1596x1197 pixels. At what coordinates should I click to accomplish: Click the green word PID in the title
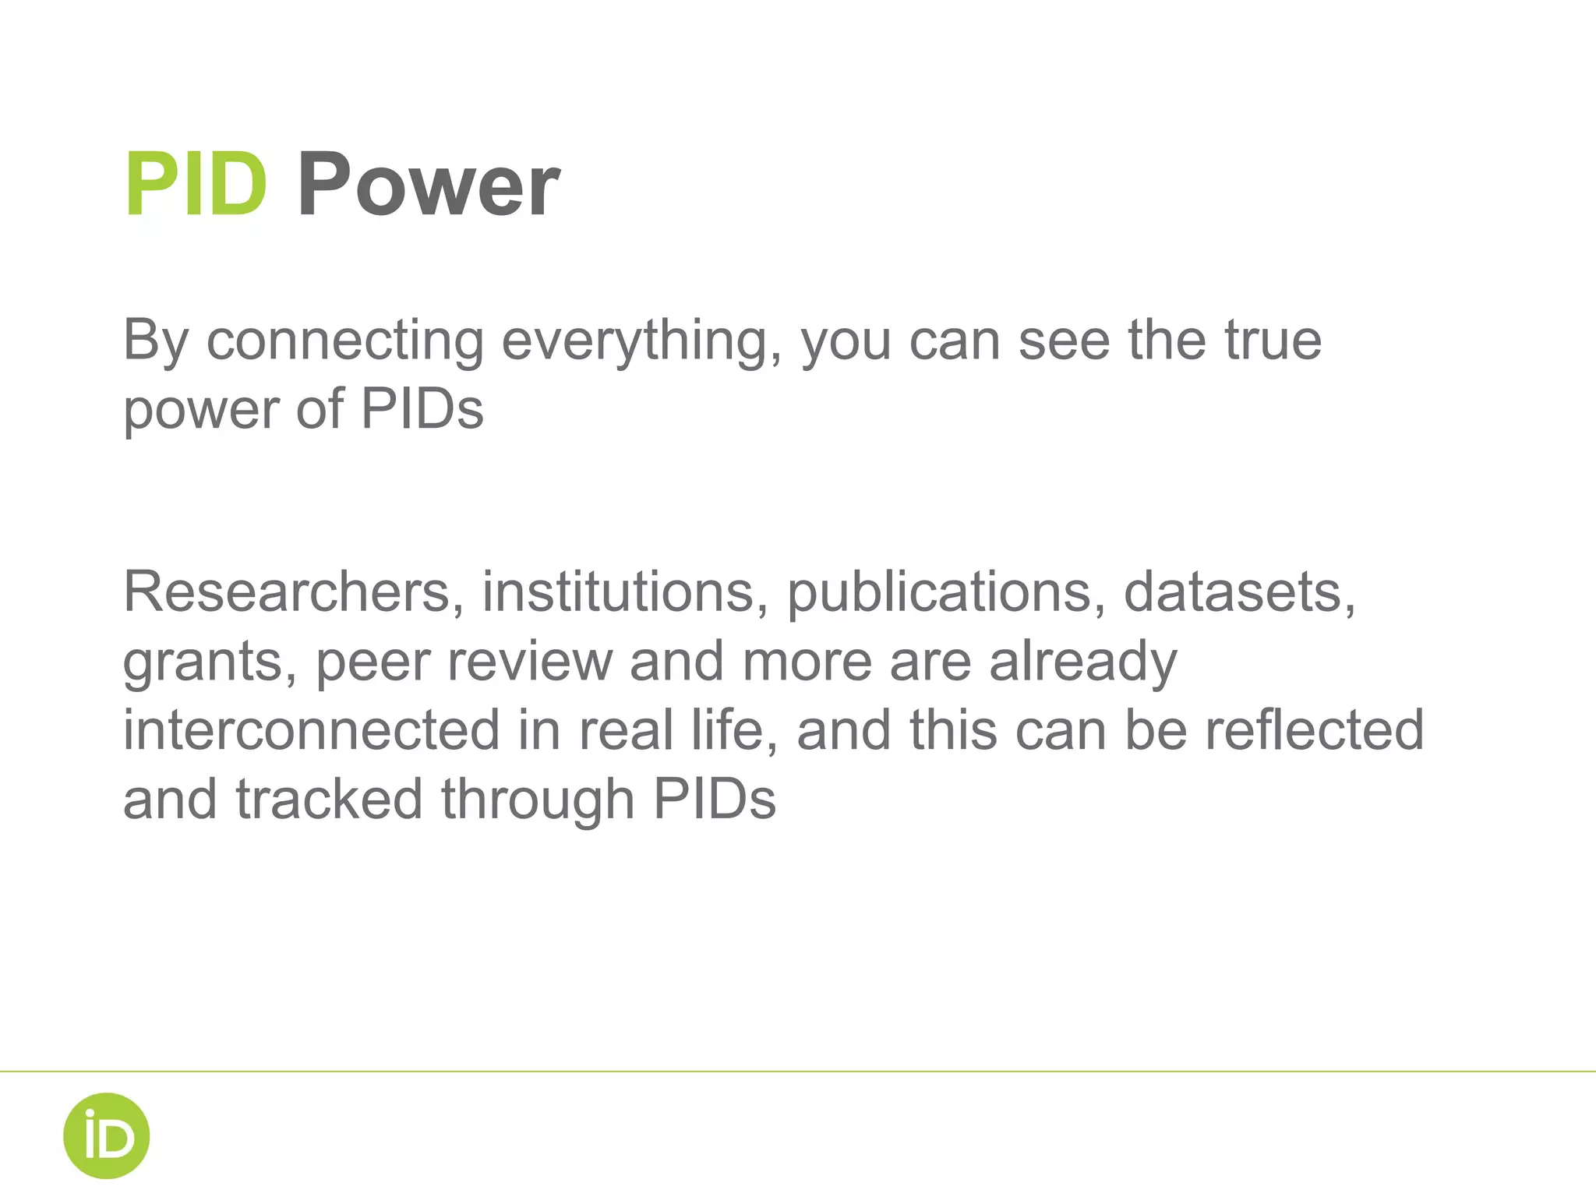[x=196, y=185]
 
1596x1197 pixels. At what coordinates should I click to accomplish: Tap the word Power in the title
[x=428, y=185]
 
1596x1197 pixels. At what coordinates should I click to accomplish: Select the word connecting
[x=345, y=341]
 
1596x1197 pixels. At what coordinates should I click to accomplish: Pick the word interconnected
[x=311, y=730]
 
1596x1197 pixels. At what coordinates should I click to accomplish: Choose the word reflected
[x=1315, y=730]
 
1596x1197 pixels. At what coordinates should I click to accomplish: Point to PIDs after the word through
[x=715, y=800]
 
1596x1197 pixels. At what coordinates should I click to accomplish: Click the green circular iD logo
[x=106, y=1135]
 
